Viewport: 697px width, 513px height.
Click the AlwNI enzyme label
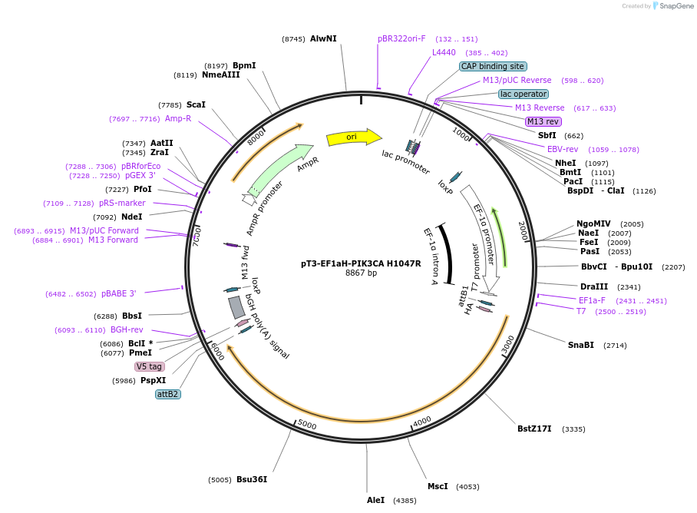(323, 38)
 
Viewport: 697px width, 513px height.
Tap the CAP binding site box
(493, 67)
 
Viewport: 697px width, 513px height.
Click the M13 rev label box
(543, 121)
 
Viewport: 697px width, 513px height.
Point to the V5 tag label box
(150, 366)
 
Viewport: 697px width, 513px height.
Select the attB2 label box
(167, 394)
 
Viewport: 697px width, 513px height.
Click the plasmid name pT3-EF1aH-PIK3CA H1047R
(361, 263)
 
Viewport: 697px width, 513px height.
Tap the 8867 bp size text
(361, 273)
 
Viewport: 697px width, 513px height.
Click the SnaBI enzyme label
(580, 345)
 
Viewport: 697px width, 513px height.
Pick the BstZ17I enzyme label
(534, 429)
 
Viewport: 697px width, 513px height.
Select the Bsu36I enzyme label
(252, 479)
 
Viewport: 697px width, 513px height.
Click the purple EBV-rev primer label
(563, 149)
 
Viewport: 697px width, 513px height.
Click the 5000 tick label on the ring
(307, 425)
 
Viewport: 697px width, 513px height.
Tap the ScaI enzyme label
(196, 104)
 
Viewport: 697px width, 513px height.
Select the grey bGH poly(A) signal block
(236, 307)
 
